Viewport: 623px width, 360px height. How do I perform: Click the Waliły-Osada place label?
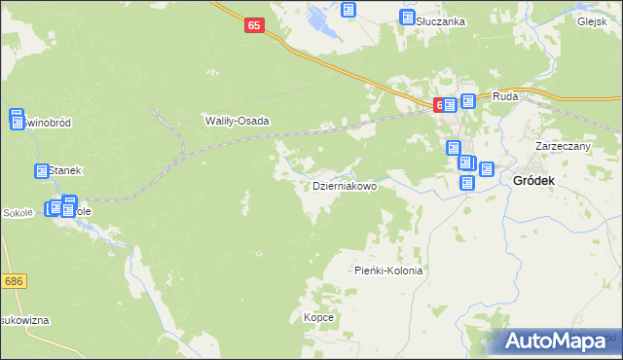pyautogui.click(x=236, y=122)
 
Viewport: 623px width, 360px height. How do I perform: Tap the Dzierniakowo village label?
pyautogui.click(x=344, y=185)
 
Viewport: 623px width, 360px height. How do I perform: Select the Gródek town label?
pyautogui.click(x=534, y=181)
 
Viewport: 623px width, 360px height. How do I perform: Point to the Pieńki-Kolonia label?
pyautogui.click(x=388, y=270)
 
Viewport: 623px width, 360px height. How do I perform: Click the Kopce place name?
pyautogui.click(x=318, y=318)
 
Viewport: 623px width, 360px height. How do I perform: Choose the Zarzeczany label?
pyautogui.click(x=564, y=146)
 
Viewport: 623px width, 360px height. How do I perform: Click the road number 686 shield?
pyautogui.click(x=13, y=281)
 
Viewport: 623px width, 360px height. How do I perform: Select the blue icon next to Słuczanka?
pyautogui.click(x=408, y=18)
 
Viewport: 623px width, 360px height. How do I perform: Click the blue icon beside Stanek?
pyautogui.click(x=42, y=171)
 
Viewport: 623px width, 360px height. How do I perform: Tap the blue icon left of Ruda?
pyautogui.click(x=468, y=100)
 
